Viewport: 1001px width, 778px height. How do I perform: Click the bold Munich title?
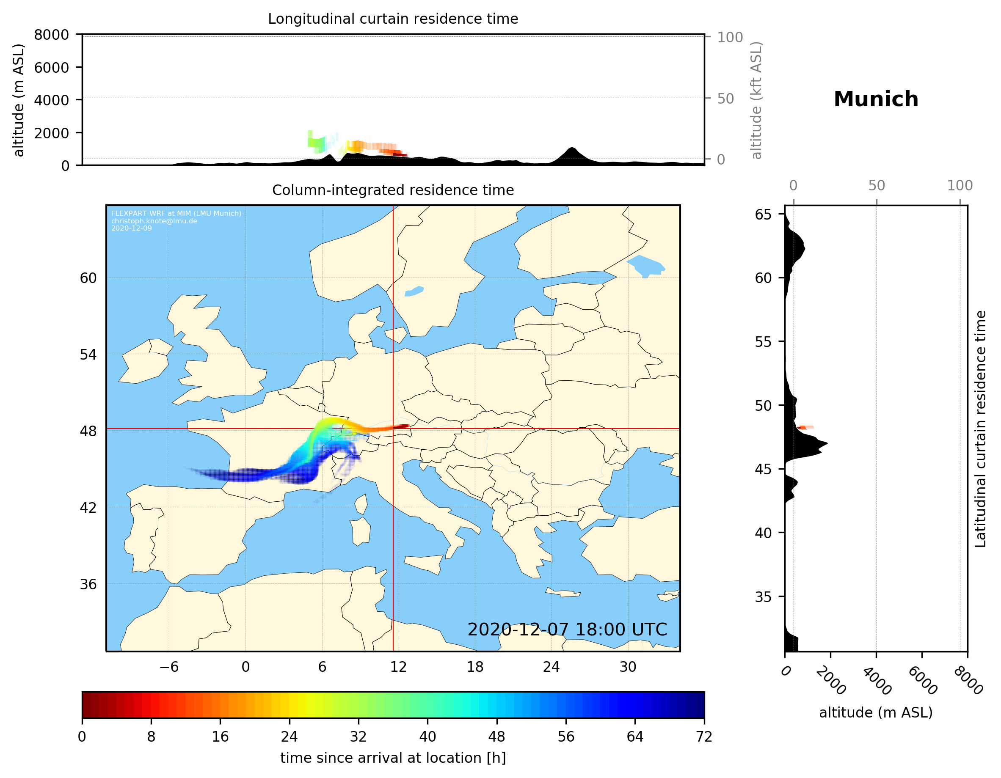(x=875, y=99)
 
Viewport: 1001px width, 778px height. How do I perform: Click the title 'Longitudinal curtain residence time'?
(x=393, y=19)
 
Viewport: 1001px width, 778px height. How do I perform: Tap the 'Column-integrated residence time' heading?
(x=393, y=190)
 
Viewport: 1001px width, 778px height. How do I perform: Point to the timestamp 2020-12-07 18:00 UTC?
(x=567, y=630)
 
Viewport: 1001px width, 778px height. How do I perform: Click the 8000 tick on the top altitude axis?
(x=51, y=35)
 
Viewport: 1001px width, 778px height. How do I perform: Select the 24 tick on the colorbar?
(x=289, y=736)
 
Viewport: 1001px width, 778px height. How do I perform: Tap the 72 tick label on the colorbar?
(x=703, y=736)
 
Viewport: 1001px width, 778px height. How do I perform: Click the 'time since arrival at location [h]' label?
(x=393, y=758)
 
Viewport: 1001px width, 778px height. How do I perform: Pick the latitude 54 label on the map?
(x=88, y=355)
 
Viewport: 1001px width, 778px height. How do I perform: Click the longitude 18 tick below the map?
(x=475, y=667)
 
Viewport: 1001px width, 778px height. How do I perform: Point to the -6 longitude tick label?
(x=168, y=667)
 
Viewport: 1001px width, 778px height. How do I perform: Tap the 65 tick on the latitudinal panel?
(x=763, y=214)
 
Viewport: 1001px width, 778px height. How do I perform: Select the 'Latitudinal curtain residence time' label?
(x=980, y=429)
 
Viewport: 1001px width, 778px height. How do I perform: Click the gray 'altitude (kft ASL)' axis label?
(x=756, y=101)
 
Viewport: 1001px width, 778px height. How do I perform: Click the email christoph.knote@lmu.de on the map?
(x=154, y=221)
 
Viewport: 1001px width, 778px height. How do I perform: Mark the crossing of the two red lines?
(x=393, y=429)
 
